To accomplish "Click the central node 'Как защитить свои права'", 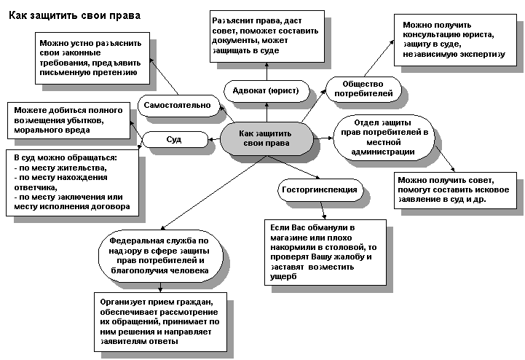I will pyautogui.click(x=266, y=138).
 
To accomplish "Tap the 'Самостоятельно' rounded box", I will pyautogui.click(x=177, y=106).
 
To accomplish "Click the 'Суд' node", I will pyautogui.click(x=174, y=138).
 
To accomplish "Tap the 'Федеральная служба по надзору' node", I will pyautogui.click(x=159, y=254).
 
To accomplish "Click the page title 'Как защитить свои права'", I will pyautogui.click(x=76, y=15).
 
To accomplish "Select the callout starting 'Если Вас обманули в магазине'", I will pyautogui.click(x=321, y=252).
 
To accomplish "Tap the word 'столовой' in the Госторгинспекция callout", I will pyautogui.click(x=343, y=248).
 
